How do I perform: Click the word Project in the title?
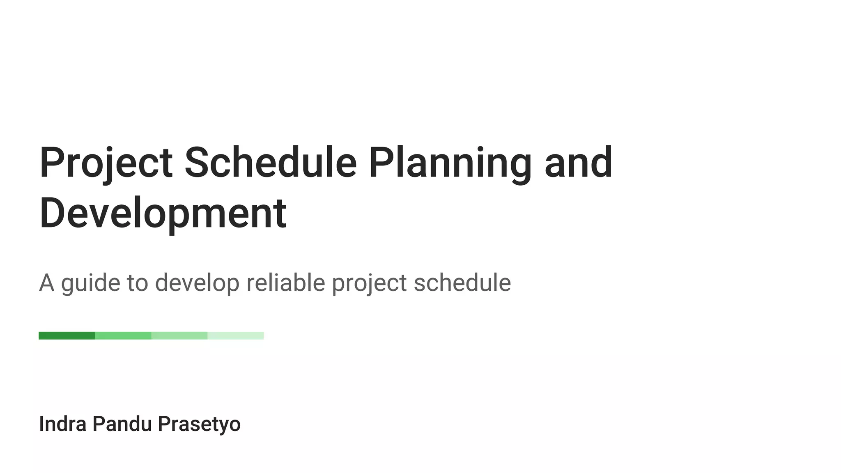click(x=106, y=163)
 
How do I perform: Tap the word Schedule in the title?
click(x=271, y=163)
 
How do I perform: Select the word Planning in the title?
click(x=450, y=163)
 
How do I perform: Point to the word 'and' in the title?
click(x=579, y=163)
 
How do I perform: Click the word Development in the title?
click(x=163, y=214)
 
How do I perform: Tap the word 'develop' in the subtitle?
click(x=197, y=283)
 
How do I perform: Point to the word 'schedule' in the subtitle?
click(x=462, y=283)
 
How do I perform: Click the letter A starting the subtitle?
click(x=46, y=283)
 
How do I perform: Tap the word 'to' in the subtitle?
click(x=137, y=283)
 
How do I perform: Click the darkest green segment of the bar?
click(x=67, y=336)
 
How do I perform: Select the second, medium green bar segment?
click(x=123, y=336)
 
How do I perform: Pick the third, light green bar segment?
click(x=179, y=336)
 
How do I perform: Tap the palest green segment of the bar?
click(x=235, y=336)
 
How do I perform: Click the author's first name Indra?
click(x=62, y=424)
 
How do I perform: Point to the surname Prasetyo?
click(x=199, y=424)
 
